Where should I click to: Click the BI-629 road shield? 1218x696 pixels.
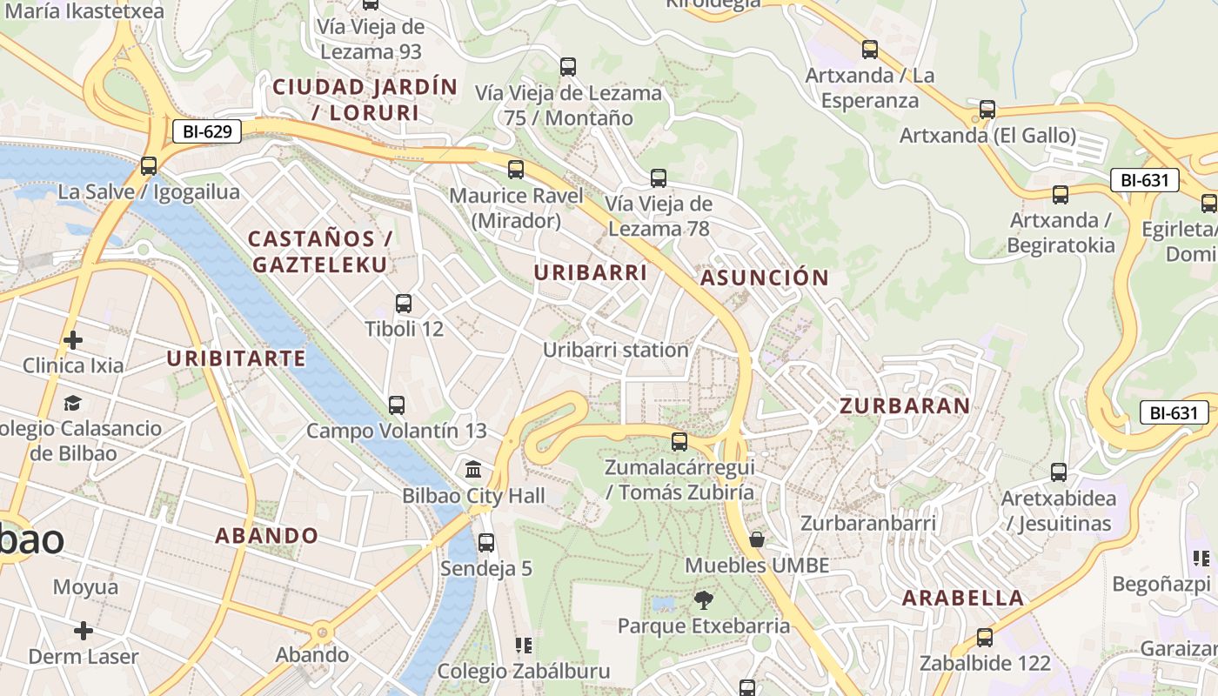click(207, 132)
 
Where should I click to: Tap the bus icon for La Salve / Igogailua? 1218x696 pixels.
click(149, 165)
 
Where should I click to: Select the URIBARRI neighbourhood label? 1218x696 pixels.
click(591, 272)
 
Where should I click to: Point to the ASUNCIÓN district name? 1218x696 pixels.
click(765, 278)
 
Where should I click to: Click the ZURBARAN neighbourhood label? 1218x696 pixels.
click(905, 405)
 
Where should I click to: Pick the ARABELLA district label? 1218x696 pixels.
click(963, 598)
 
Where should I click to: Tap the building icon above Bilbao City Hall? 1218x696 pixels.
click(474, 470)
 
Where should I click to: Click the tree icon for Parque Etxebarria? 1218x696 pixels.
click(703, 599)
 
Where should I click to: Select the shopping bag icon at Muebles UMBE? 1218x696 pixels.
click(757, 539)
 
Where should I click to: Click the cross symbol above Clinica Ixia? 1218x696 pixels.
click(73, 339)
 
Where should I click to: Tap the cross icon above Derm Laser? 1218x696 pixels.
click(84, 630)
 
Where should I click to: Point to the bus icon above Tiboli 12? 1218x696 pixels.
click(404, 304)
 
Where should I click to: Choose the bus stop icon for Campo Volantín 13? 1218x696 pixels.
click(397, 405)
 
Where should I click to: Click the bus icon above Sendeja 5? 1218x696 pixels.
click(486, 542)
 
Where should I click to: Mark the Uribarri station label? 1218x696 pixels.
click(616, 350)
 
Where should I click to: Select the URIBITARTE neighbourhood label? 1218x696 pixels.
click(236, 358)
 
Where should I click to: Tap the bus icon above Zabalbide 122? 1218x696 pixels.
click(985, 637)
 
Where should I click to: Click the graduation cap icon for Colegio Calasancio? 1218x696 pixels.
click(72, 403)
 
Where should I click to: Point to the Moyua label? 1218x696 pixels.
click(85, 587)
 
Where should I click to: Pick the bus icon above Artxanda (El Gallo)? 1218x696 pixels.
click(987, 110)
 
